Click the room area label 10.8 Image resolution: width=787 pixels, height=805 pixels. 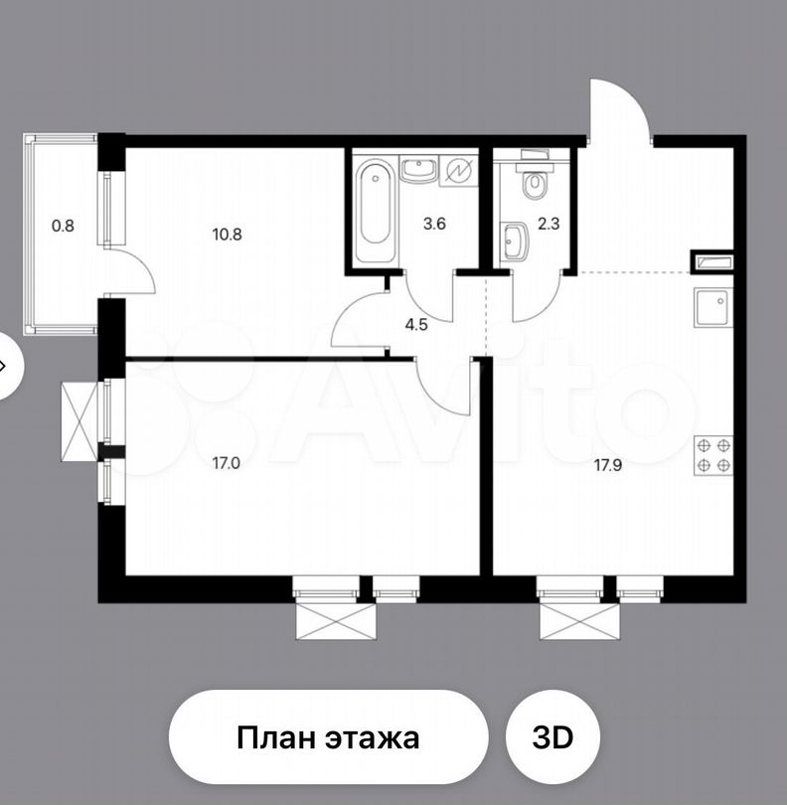(x=227, y=236)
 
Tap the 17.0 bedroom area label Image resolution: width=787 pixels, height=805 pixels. (x=227, y=462)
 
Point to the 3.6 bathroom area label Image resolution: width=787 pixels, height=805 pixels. (x=434, y=224)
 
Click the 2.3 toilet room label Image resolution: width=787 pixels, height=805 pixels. (x=550, y=224)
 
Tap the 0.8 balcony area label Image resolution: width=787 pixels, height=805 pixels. (x=63, y=225)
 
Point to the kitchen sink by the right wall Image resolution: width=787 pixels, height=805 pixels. (x=712, y=306)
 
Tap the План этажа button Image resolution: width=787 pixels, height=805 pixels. (x=328, y=738)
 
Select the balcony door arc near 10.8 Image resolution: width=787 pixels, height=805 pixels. (x=132, y=273)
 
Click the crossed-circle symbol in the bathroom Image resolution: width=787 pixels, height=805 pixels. (x=459, y=171)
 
